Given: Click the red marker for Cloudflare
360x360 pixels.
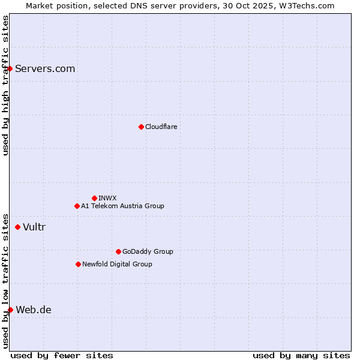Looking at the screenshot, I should pyautogui.click(x=141, y=127).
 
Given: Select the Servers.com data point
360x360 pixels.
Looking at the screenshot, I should pyautogui.click(x=10, y=68).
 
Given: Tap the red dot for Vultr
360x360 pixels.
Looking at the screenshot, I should pyautogui.click(x=17, y=227).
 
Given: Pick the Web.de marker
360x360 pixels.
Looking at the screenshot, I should pyautogui.click(x=10, y=310).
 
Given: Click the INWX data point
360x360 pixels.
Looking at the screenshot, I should pyautogui.click(x=94, y=198).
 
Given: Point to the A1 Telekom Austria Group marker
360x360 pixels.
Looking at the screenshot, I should pyautogui.click(x=77, y=206).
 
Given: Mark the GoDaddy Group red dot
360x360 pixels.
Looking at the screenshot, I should pyautogui.click(x=118, y=251).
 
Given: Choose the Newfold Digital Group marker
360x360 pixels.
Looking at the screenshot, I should pyautogui.click(x=78, y=264).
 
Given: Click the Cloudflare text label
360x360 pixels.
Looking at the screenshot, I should pyautogui.click(x=161, y=127).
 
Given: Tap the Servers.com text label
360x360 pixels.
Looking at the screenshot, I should pyautogui.click(x=45, y=68).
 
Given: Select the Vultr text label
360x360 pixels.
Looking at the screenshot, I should pyautogui.click(x=34, y=227).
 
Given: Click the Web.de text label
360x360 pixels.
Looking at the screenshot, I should pyautogui.click(x=34, y=310).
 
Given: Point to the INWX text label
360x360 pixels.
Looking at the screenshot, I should pyautogui.click(x=108, y=198).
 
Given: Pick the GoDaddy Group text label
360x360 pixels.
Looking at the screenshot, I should pyautogui.click(x=148, y=251).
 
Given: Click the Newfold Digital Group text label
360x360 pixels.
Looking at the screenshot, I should pyautogui.click(x=117, y=264).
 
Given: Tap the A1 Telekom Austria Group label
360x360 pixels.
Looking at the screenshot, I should pyautogui.click(x=122, y=206).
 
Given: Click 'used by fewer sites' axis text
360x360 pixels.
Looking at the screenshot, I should pyautogui.click(x=62, y=355).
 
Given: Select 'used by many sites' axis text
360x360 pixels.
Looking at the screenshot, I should pyautogui.click(x=301, y=355).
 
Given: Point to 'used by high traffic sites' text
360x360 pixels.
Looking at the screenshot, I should pyautogui.click(x=5, y=86).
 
